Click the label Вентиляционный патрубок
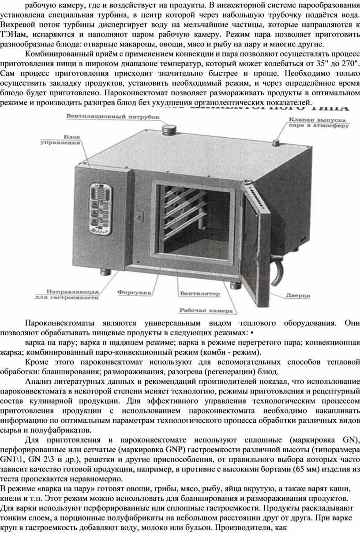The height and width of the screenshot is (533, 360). [113, 117]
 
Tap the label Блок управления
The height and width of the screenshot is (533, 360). [60, 140]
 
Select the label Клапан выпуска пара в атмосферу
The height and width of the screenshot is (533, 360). [319, 123]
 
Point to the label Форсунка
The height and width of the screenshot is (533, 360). [134, 293]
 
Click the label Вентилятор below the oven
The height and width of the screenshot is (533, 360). [200, 293]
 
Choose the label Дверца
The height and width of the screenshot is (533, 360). [298, 295]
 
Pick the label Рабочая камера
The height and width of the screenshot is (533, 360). [206, 310]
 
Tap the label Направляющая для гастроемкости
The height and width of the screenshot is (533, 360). [67, 295]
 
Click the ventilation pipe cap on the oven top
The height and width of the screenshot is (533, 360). [169, 130]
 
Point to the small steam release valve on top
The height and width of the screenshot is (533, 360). [276, 143]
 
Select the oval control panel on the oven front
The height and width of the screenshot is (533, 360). [101, 209]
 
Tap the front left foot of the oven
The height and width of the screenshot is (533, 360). [105, 272]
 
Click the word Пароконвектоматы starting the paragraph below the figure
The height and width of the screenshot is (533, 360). [60, 323]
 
